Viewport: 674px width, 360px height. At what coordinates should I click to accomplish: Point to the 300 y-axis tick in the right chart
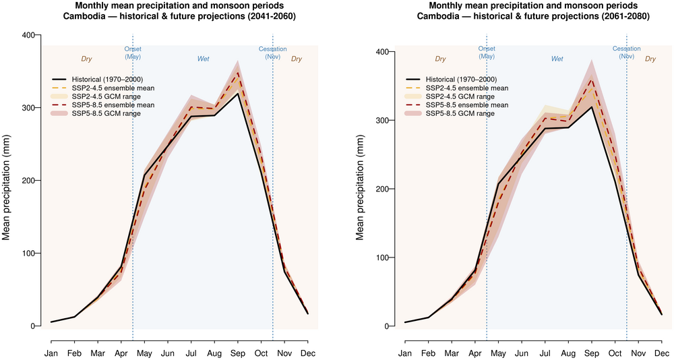point(388,120)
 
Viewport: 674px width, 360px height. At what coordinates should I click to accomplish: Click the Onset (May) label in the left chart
point(133,53)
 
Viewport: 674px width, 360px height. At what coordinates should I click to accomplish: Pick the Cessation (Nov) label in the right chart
point(627,53)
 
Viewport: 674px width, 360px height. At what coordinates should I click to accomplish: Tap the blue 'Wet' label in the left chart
point(203,59)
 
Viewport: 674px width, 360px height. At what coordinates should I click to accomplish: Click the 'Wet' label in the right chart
point(557,59)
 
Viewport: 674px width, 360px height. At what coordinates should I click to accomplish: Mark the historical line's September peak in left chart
point(237,94)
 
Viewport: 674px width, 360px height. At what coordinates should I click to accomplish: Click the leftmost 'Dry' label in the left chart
point(86,59)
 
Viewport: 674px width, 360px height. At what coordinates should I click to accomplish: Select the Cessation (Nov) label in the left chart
point(273,53)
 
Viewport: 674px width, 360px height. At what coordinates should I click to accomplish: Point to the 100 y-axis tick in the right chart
point(388,258)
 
